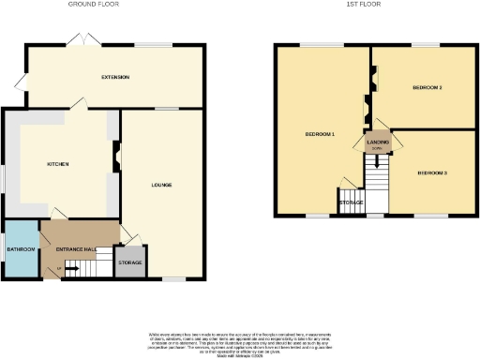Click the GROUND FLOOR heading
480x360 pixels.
pos(94,5)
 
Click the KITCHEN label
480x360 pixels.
pos(59,163)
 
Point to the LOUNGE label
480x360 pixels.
pos(162,184)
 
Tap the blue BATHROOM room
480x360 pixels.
pos(21,249)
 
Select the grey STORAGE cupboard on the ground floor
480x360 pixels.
pos(129,262)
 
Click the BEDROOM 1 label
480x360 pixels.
pos(320,135)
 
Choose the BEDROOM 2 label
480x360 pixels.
pos(427,88)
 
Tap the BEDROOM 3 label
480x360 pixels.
pos(432,173)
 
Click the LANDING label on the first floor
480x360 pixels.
pos(377,143)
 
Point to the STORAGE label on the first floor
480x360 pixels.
pos(352,202)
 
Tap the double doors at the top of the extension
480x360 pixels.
pos(79,41)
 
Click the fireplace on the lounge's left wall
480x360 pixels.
pos(117,156)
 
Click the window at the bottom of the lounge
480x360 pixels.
pos(174,278)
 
